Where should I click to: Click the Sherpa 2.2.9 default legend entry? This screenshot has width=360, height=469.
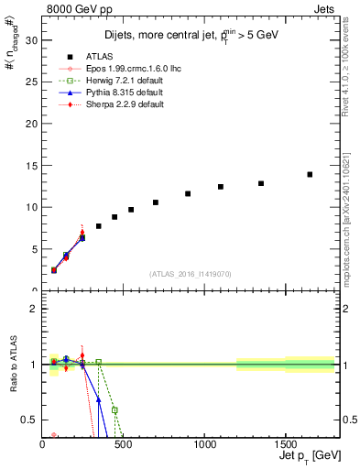118,105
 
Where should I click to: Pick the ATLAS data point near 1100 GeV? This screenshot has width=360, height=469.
221,187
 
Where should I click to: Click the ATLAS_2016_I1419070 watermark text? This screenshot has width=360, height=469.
191,273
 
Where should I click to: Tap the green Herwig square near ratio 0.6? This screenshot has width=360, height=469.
115,410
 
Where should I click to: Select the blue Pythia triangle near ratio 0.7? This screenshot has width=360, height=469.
99,399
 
